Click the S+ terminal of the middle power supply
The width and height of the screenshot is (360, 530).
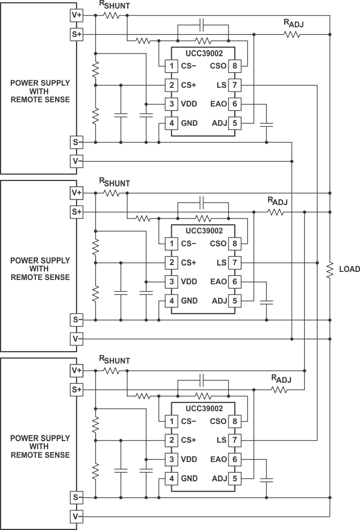tap(76, 212)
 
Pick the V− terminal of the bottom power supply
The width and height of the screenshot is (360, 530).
tap(76, 517)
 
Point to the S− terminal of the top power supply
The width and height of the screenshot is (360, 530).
tap(76, 142)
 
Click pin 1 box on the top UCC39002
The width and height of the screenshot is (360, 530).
tap(172, 66)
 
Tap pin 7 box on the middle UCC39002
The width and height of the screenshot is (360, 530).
tap(235, 263)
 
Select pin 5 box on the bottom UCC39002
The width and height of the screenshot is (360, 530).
tap(235, 478)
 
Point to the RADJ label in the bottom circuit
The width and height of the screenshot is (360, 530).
tap(281, 380)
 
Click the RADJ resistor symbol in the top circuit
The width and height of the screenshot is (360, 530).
tap(292, 34)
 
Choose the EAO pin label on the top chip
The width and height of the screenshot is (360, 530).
tap(219, 104)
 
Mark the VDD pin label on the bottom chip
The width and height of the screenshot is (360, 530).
tap(189, 459)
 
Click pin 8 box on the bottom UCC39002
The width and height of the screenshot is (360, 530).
tap(235, 421)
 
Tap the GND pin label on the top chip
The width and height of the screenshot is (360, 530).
tap(189, 123)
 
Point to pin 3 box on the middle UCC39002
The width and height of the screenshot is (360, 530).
tap(172, 282)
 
